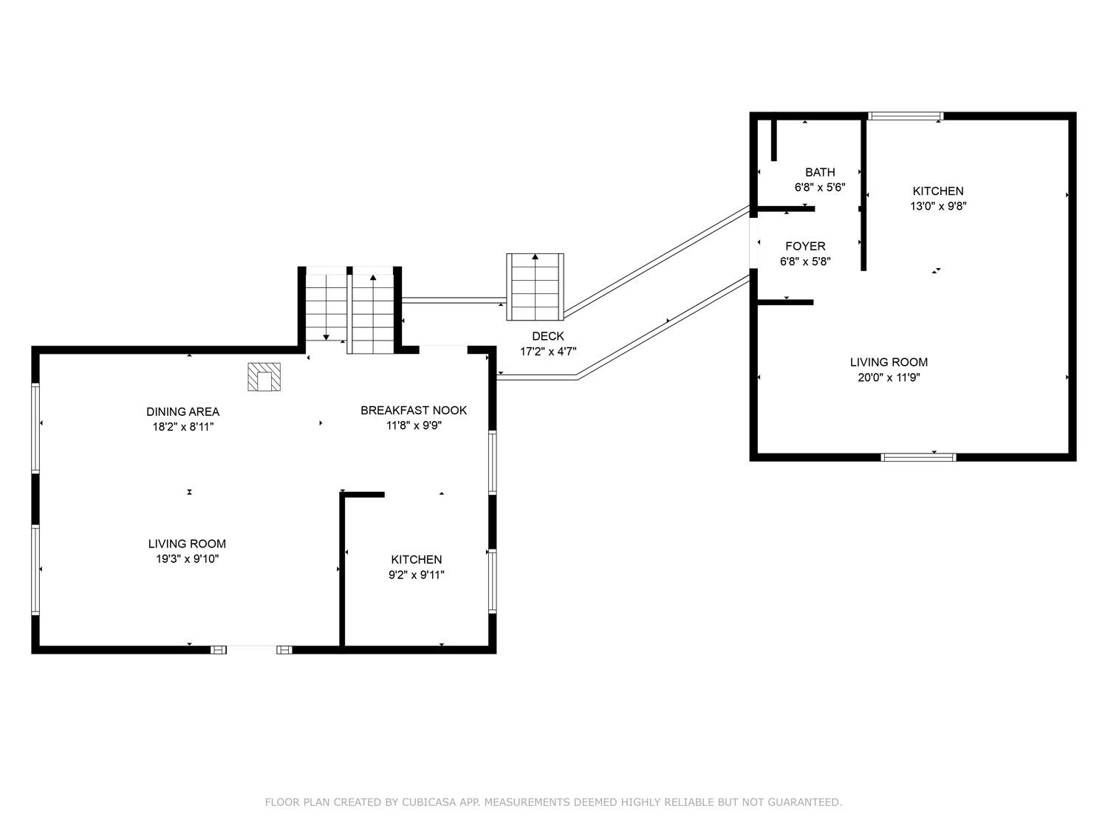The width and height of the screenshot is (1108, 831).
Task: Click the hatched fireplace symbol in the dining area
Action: (x=264, y=377)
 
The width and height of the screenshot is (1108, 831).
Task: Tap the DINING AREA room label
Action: (x=182, y=411)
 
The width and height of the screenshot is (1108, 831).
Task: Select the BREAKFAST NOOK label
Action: (x=414, y=410)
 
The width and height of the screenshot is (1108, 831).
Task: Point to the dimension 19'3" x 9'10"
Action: (x=187, y=559)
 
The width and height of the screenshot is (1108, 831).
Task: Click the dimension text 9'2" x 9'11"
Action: (x=417, y=575)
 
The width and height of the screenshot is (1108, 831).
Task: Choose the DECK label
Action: (x=547, y=336)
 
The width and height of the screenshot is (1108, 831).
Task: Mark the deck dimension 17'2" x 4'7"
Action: (x=548, y=352)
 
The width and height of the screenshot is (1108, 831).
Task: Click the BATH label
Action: (x=820, y=172)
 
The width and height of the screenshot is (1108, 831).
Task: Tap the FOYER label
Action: (x=805, y=246)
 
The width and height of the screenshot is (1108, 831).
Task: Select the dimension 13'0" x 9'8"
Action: (x=938, y=207)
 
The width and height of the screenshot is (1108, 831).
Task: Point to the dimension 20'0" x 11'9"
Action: (x=889, y=377)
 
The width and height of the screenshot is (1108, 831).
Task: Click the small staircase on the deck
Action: (x=535, y=287)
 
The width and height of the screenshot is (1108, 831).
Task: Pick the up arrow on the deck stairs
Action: (x=535, y=257)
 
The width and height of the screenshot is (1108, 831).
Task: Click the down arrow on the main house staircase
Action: (x=326, y=337)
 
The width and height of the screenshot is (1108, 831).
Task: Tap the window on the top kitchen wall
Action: (x=906, y=116)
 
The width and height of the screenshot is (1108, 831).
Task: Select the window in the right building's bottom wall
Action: (x=919, y=457)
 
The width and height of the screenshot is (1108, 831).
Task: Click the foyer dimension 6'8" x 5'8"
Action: (x=805, y=261)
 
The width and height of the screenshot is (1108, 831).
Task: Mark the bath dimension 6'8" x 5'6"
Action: (x=820, y=188)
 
